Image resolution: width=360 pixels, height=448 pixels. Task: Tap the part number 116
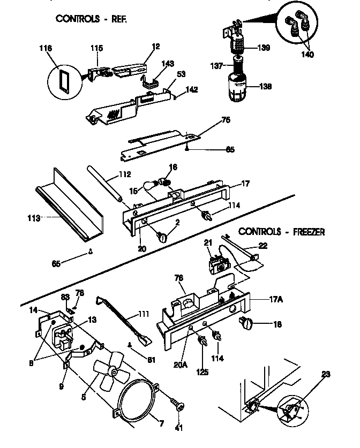tap(46, 48)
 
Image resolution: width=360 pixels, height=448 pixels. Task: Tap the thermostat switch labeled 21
tap(216, 264)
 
